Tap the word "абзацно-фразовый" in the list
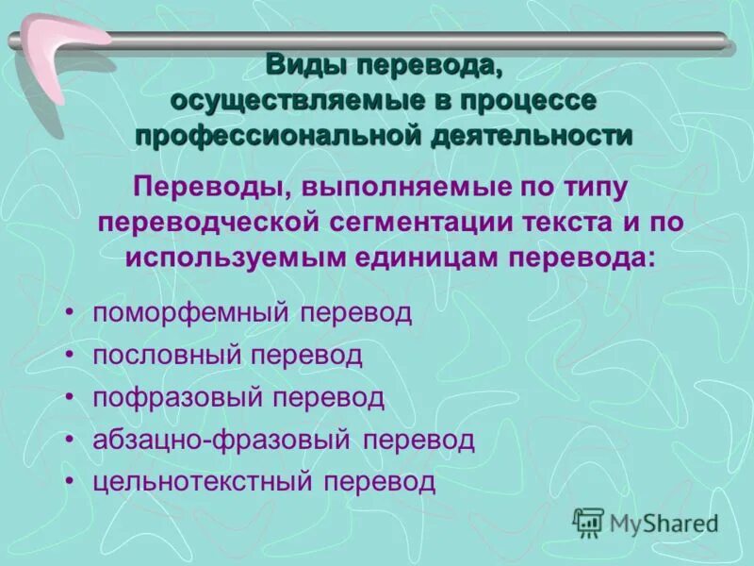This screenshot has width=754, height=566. point(221,440)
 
